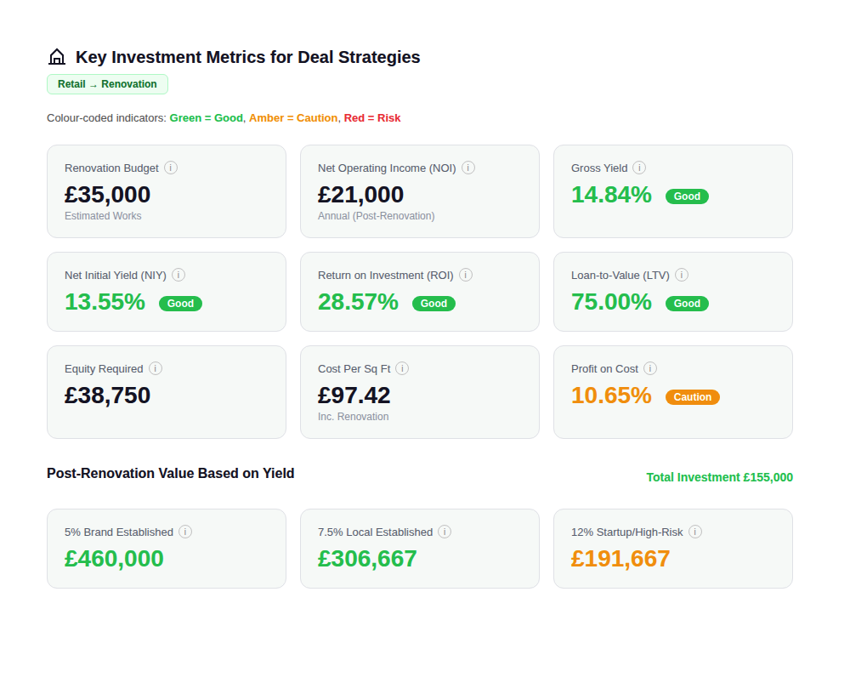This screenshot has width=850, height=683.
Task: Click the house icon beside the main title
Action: click(x=57, y=57)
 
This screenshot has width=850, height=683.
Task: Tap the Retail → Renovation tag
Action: click(x=107, y=84)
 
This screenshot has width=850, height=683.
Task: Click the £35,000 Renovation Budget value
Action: click(x=108, y=195)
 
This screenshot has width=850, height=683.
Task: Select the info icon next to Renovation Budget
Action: click(x=171, y=168)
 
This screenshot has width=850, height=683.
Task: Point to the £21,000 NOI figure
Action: click(x=360, y=195)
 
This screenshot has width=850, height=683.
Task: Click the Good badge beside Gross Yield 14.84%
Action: click(x=687, y=196)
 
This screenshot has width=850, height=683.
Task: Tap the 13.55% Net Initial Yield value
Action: click(x=105, y=302)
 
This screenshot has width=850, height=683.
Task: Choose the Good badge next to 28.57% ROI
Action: click(x=433, y=304)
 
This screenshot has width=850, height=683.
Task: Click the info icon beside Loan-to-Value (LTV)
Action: click(x=682, y=275)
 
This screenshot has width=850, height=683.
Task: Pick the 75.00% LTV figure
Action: click(x=611, y=302)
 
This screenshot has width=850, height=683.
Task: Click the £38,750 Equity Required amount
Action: click(x=108, y=396)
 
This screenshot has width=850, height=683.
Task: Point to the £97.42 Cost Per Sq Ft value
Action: click(x=354, y=396)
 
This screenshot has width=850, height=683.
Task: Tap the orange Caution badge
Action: click(x=692, y=397)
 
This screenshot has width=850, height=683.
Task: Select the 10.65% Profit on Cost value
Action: click(x=611, y=396)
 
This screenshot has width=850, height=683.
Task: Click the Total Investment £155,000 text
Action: click(x=719, y=477)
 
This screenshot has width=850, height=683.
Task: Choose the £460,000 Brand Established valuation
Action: click(x=114, y=559)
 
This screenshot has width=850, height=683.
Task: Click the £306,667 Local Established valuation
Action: click(x=367, y=559)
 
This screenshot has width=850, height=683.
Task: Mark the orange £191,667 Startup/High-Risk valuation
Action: click(x=620, y=559)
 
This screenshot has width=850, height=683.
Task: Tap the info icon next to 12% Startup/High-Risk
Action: click(x=695, y=532)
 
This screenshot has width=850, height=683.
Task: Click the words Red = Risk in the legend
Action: click(x=372, y=118)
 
